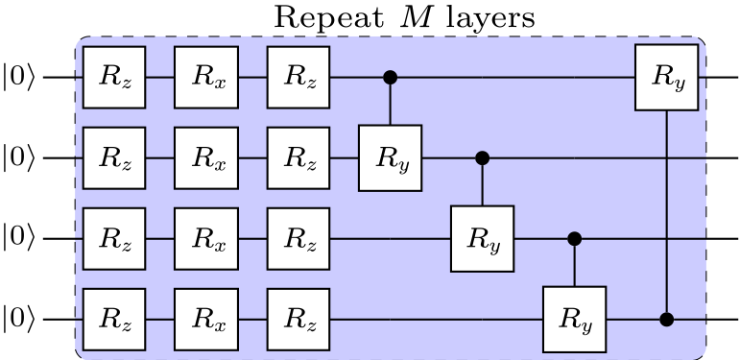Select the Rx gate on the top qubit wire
[205, 77]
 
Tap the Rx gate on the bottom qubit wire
[205, 318]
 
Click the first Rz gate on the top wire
[113, 77]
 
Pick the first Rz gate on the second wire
[113, 157]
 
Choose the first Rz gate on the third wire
[113, 237]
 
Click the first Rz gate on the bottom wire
[113, 318]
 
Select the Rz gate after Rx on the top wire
[298, 77]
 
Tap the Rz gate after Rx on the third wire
[298, 237]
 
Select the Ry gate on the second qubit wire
[391, 157]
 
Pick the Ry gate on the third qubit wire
[483, 237]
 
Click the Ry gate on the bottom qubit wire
[575, 318]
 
